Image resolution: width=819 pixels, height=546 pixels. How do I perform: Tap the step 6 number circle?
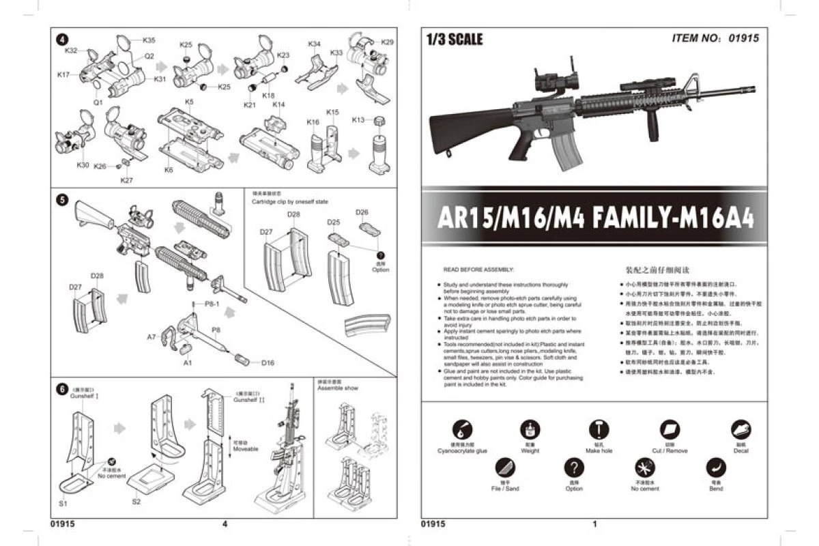(x=62, y=388)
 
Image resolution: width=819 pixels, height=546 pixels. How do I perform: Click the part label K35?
(x=149, y=40)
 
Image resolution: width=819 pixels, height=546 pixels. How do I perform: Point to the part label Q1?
(x=98, y=102)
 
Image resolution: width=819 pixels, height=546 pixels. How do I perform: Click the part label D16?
(x=268, y=362)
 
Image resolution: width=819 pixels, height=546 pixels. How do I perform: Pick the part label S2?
(x=136, y=502)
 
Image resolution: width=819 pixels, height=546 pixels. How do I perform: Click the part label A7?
(x=152, y=337)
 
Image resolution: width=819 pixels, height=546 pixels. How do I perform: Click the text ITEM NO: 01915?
(x=715, y=38)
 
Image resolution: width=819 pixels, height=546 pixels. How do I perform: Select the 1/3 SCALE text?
(x=454, y=40)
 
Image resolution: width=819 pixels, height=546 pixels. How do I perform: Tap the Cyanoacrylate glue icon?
(x=462, y=429)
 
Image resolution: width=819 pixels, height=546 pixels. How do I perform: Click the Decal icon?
(x=741, y=429)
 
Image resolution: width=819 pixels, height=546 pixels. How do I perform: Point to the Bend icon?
(x=715, y=468)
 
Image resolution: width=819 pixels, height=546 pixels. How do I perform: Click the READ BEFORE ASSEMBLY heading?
(x=478, y=270)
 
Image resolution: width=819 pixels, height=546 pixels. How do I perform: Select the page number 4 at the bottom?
(x=225, y=524)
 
